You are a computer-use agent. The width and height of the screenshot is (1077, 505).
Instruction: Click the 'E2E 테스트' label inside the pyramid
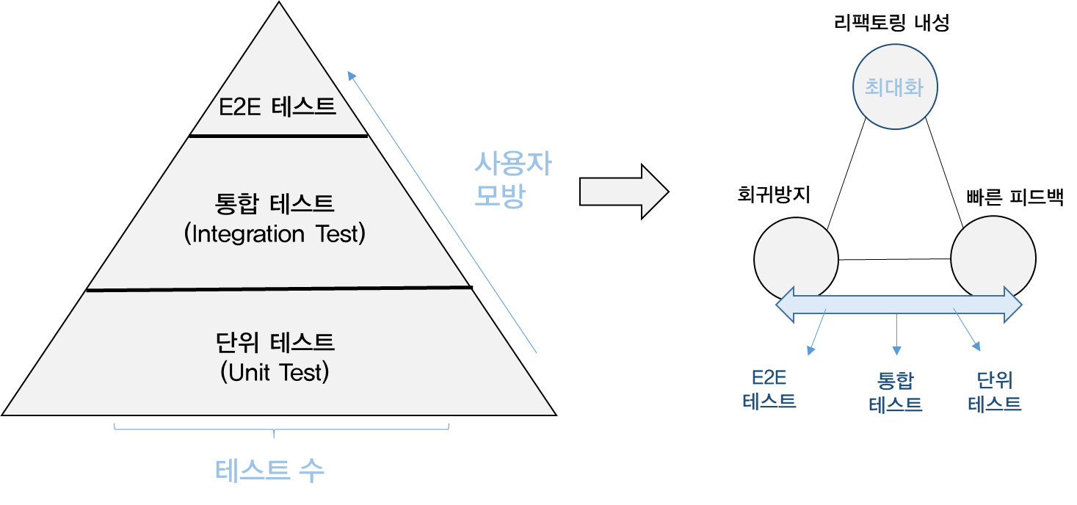[x=278, y=107]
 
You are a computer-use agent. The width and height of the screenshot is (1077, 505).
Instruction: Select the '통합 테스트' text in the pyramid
[x=275, y=203]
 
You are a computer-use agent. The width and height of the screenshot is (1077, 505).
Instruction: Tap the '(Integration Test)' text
[x=275, y=234]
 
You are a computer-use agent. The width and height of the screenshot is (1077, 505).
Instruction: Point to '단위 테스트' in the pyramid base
[x=275, y=342]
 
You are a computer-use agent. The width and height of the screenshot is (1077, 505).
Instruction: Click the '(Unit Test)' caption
[x=275, y=373]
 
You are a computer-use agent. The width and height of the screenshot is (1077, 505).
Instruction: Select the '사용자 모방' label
[x=512, y=180]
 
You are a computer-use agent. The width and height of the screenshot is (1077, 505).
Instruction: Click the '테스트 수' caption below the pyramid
[x=269, y=471]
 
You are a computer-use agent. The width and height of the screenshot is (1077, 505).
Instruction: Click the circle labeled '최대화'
[x=894, y=88]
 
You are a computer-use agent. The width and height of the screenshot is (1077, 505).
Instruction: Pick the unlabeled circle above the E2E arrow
[x=796, y=257]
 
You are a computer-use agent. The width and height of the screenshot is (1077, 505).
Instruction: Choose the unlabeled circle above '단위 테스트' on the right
[x=993, y=257]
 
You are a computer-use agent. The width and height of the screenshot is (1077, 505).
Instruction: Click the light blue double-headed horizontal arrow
[x=899, y=304]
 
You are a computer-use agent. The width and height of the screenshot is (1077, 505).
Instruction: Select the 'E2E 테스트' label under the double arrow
[x=769, y=390]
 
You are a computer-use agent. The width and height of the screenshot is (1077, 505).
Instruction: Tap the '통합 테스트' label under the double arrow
[x=896, y=392]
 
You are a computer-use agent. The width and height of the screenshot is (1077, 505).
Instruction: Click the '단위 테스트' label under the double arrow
[x=994, y=391]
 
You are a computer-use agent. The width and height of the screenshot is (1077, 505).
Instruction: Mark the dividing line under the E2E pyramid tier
[x=279, y=136]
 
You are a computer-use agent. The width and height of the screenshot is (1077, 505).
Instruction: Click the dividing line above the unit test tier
[x=278, y=288]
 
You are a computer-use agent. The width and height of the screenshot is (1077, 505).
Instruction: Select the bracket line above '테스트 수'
[x=281, y=428]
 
